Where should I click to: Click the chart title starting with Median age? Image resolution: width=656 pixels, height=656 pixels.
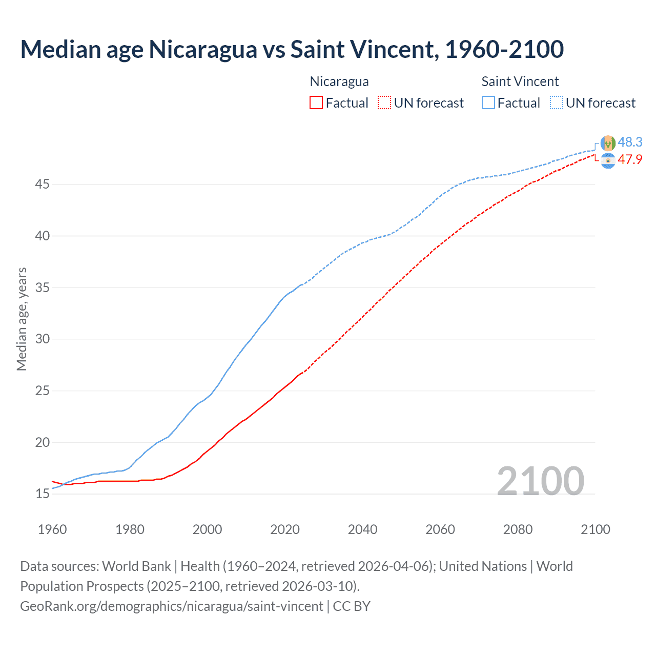point(292,50)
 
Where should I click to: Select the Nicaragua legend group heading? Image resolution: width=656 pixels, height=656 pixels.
point(339,81)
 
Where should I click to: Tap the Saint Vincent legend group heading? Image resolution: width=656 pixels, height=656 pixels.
point(520,81)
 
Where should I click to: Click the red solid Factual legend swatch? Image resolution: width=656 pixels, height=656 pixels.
point(316,103)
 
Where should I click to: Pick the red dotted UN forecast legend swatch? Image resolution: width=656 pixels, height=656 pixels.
point(384,103)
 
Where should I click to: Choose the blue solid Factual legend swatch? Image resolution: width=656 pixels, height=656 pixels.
point(488,103)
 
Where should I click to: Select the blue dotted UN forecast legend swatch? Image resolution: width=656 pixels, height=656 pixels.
point(557,103)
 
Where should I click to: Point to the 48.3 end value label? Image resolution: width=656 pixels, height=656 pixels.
point(630,142)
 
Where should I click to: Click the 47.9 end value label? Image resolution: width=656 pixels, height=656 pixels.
point(630,159)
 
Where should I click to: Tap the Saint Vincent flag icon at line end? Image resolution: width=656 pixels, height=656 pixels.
point(608,143)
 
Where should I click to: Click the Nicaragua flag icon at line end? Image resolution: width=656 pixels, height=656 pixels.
point(608,160)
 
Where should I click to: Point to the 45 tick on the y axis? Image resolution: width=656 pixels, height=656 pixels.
point(42,184)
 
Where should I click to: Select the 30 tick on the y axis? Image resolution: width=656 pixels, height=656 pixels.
point(42,339)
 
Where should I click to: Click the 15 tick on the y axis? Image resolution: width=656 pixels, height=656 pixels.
point(42,494)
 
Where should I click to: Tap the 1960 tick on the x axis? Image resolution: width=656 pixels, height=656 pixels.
point(52,529)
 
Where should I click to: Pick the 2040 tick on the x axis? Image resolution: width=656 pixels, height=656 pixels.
point(362,529)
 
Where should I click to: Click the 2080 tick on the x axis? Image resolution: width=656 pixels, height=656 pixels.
point(518,529)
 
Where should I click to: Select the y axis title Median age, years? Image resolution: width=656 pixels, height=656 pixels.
point(22,319)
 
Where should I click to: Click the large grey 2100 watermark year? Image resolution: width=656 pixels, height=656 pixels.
point(540,481)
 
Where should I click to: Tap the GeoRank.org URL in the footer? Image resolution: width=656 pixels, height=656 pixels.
point(172,606)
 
